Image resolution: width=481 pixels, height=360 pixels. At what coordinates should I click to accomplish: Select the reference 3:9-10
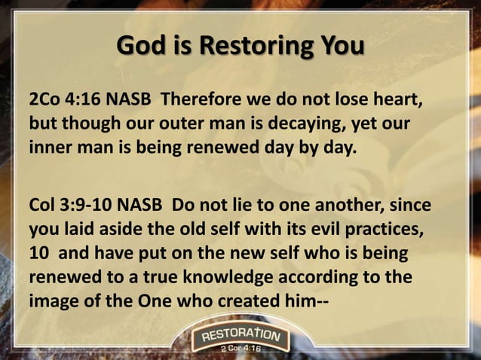pos(82,205)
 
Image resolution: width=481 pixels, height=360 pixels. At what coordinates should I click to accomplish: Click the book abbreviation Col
pos(41,205)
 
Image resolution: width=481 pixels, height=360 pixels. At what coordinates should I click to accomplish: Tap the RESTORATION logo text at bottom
pos(240,334)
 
